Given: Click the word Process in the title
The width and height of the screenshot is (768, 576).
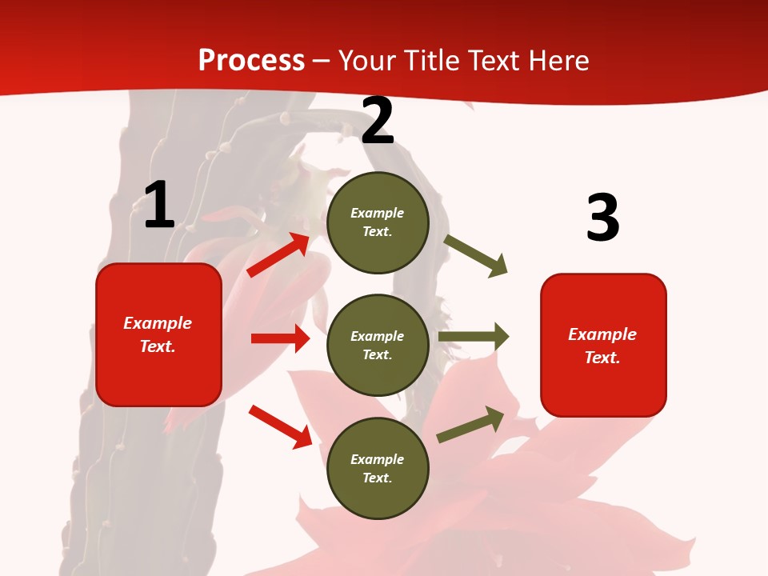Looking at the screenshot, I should (x=251, y=61).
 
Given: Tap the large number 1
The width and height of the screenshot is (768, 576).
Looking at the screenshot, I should (x=159, y=205).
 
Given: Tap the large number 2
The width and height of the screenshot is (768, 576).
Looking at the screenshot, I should (x=378, y=121).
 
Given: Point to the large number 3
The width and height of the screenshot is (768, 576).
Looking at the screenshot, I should (x=602, y=218).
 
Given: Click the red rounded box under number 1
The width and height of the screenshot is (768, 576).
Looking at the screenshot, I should (x=158, y=334).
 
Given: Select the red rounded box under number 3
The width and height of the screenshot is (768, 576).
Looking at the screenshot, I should (x=603, y=345).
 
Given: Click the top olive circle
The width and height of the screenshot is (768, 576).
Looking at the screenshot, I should (x=378, y=222).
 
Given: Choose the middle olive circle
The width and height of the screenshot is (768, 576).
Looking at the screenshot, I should (x=378, y=345).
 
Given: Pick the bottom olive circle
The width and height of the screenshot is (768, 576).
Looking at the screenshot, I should (x=378, y=468).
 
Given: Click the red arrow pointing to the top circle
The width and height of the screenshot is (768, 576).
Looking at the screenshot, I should (x=279, y=255).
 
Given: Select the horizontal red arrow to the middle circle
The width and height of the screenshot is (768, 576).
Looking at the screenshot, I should (x=280, y=338).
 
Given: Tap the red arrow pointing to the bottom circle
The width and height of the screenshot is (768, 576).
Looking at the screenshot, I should (x=280, y=426).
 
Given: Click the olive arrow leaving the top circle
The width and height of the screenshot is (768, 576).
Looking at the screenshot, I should (x=476, y=256).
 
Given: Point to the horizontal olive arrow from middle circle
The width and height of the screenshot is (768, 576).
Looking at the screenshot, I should (x=474, y=337).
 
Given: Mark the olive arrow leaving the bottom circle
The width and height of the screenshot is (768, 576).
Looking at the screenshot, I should (x=470, y=425).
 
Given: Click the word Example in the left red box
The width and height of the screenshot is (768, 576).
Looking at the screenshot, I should (x=158, y=323).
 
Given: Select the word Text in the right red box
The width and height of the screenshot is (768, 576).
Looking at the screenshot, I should (x=602, y=358).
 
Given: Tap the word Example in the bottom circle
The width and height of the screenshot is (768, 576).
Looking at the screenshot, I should (x=378, y=459).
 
